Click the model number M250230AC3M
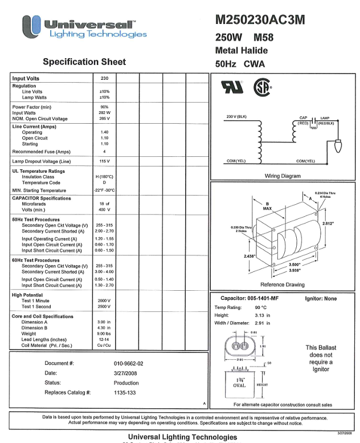(x=260, y=20)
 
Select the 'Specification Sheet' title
(x=84, y=62)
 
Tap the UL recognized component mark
(x=231, y=87)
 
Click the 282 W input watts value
(x=104, y=113)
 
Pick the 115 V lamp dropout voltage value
(x=104, y=162)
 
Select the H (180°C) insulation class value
(x=104, y=177)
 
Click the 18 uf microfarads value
(x=104, y=204)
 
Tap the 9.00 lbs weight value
(x=104, y=334)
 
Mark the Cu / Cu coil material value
(x=104, y=345)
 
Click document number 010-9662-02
(x=129, y=363)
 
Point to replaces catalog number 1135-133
(x=125, y=393)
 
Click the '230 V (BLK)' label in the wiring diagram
(x=236, y=117)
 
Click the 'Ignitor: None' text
(x=321, y=299)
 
